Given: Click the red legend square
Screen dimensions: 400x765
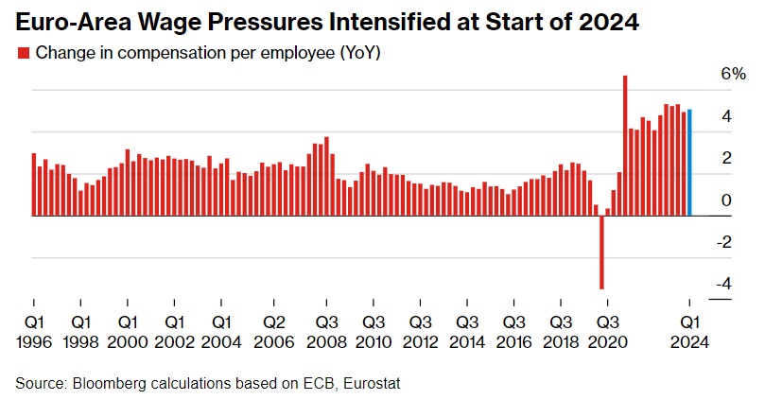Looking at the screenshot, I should [23, 53].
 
